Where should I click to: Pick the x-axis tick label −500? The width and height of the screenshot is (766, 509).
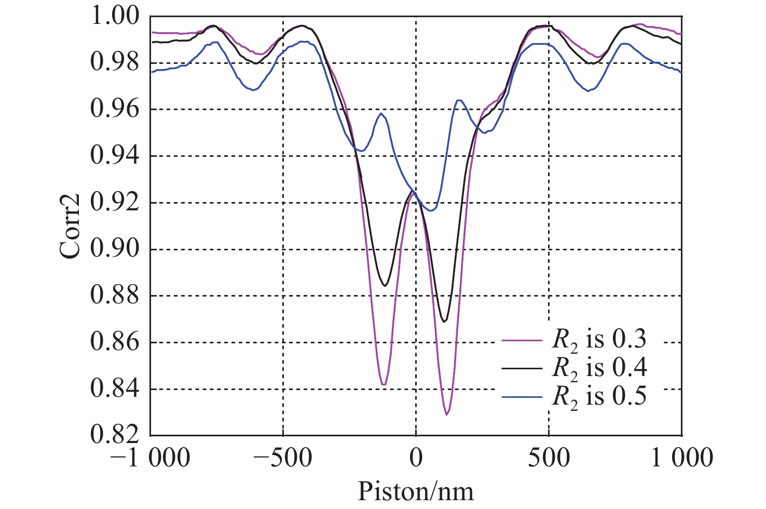tap(283, 458)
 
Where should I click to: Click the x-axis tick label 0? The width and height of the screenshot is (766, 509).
tap(416, 458)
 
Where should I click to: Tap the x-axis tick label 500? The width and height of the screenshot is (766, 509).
tap(549, 458)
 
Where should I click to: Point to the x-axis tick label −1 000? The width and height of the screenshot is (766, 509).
tap(151, 458)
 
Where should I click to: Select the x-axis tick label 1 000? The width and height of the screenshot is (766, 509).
tap(681, 458)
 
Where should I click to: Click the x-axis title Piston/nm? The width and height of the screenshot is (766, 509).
tap(416, 491)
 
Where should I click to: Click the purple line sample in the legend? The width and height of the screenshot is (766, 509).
tap(522, 341)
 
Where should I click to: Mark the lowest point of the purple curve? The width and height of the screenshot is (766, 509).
tap(446, 414)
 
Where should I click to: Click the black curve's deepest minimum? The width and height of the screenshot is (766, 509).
tap(444, 322)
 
